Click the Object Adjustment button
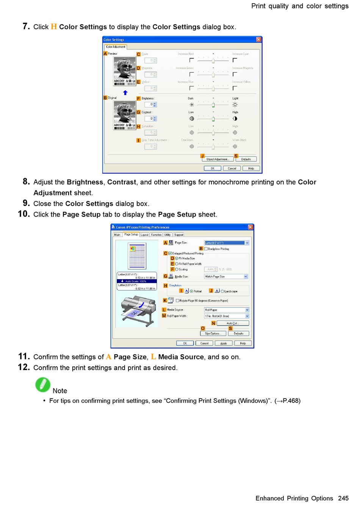coord(218,159)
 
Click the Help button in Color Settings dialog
coord(251,169)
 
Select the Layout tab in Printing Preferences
coord(144,235)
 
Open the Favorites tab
coord(156,235)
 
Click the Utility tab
coord(167,235)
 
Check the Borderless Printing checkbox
coord(206,249)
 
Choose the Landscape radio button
coord(222,291)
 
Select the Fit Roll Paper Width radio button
coord(177,264)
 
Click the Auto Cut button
coord(232,323)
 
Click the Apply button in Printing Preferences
coord(224,343)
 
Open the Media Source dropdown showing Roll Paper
coord(227,310)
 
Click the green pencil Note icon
coord(43,385)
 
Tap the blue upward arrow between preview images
coord(125,93)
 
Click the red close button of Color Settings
coord(258,39)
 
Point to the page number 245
coord(343,498)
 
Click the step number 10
coord(24,214)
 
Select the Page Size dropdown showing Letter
coord(227,243)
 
